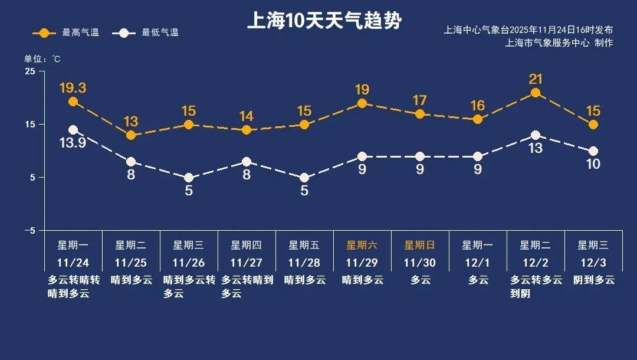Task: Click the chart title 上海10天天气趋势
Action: coord(324,21)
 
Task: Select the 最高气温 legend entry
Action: coord(65,32)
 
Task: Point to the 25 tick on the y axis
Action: coord(29,71)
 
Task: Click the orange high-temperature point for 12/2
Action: coord(536,93)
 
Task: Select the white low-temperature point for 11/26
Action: coord(189,178)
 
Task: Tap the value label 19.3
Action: coord(73,88)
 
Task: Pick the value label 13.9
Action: coord(73,143)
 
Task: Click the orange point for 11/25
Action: coord(131,136)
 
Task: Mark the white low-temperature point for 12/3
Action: coord(593,151)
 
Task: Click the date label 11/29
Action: coord(362,262)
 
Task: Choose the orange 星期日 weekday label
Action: coord(419,245)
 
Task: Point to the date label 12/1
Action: coord(477,262)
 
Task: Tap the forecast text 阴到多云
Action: coord(593,280)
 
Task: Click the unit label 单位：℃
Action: coord(42,59)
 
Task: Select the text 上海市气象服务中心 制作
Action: coord(559,43)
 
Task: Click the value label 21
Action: coord(536,79)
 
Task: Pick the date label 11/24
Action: coord(73,262)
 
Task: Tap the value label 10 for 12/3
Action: coord(593,164)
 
